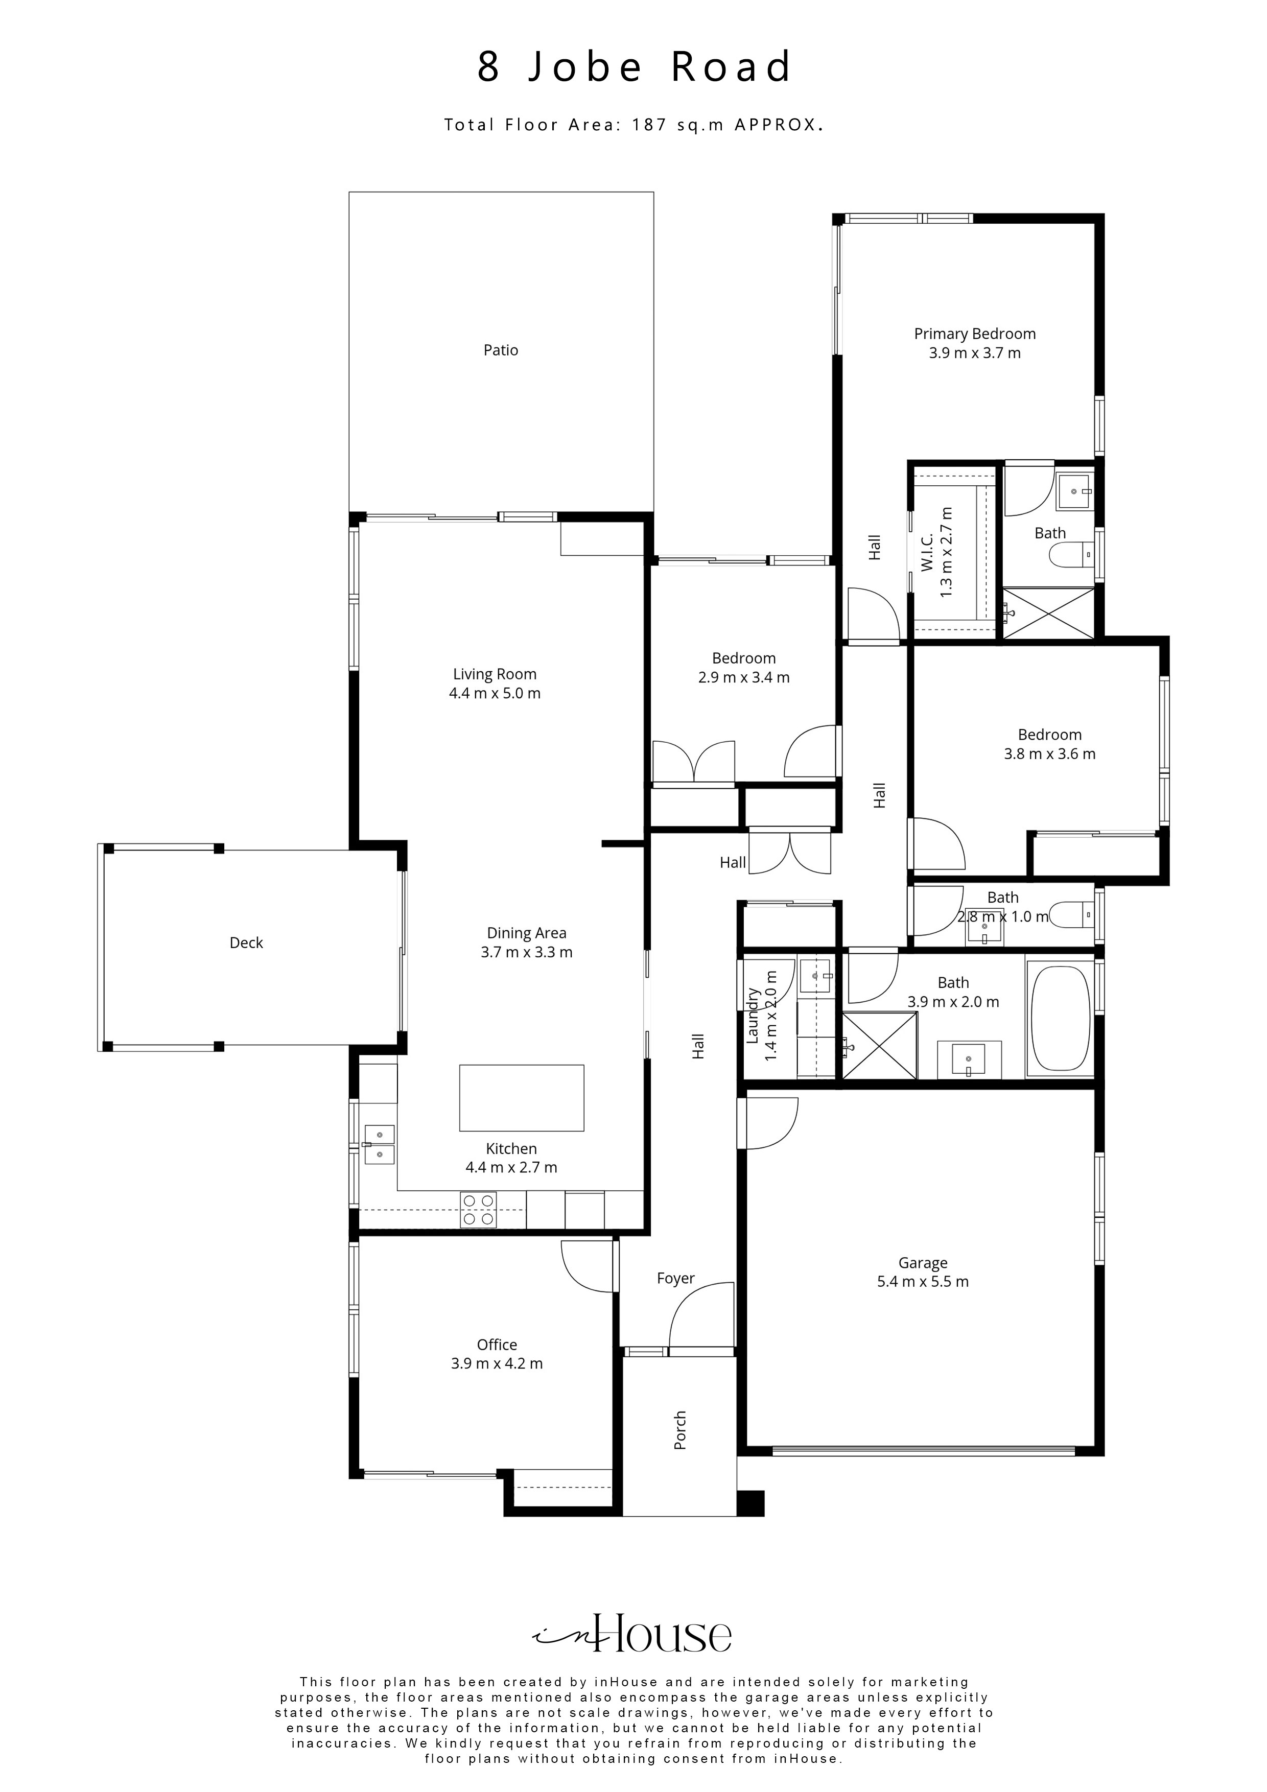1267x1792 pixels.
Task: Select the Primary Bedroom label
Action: (x=975, y=334)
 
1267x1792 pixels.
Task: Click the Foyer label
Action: (x=675, y=1279)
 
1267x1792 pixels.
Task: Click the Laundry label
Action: (x=754, y=1016)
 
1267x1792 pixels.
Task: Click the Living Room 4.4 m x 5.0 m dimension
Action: (x=495, y=693)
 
